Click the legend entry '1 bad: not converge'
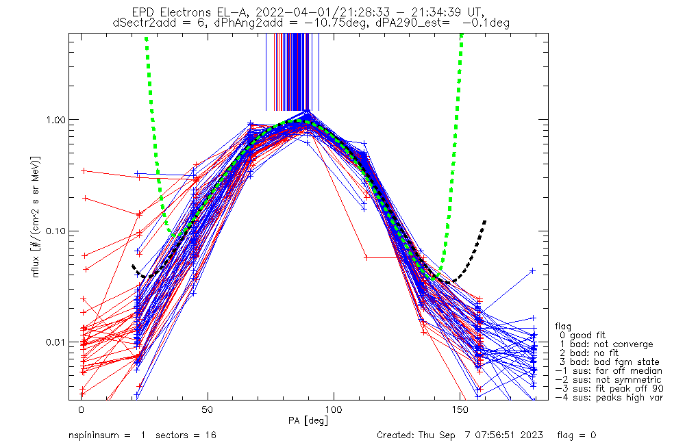click(606, 344)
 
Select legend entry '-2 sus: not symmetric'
click(608, 380)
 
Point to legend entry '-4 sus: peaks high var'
click(608, 398)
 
